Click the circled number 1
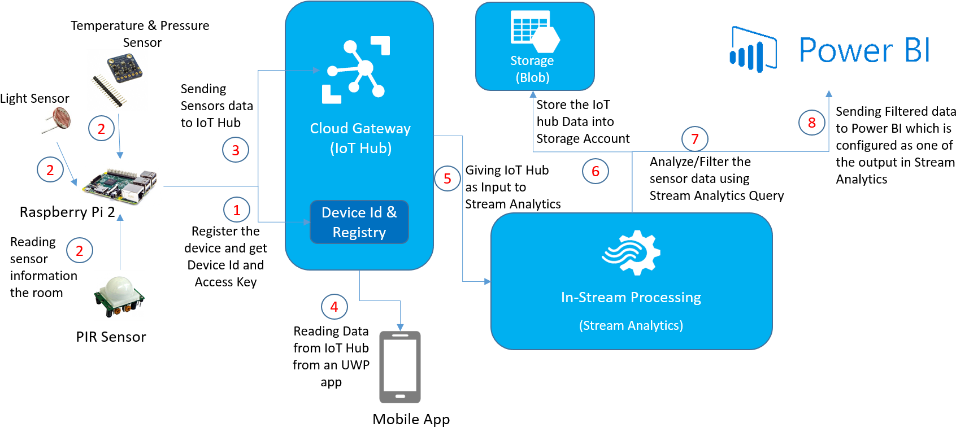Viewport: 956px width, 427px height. [x=237, y=210]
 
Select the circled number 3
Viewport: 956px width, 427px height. [x=236, y=150]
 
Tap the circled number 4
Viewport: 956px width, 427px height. [x=334, y=307]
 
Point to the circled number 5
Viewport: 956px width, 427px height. [x=447, y=178]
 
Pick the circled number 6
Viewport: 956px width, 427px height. [x=596, y=171]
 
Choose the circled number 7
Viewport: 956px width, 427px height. [x=695, y=139]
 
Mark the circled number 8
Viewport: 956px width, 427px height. [x=812, y=123]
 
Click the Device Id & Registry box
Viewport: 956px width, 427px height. [x=359, y=222]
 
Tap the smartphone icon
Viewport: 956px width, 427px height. [x=400, y=367]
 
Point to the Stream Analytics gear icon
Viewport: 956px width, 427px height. [x=631, y=252]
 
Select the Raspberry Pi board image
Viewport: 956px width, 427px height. [x=119, y=183]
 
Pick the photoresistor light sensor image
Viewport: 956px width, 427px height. [x=57, y=120]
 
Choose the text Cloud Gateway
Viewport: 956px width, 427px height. [x=360, y=129]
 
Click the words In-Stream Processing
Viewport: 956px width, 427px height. [x=631, y=298]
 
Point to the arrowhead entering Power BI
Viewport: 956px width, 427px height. [x=829, y=94]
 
